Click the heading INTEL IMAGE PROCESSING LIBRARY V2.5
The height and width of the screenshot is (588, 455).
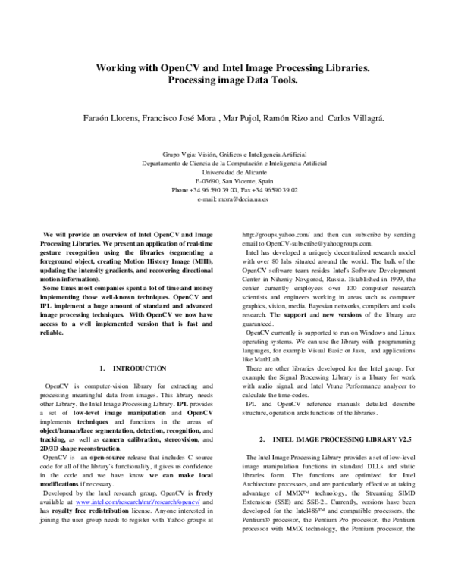click(x=334, y=439)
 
